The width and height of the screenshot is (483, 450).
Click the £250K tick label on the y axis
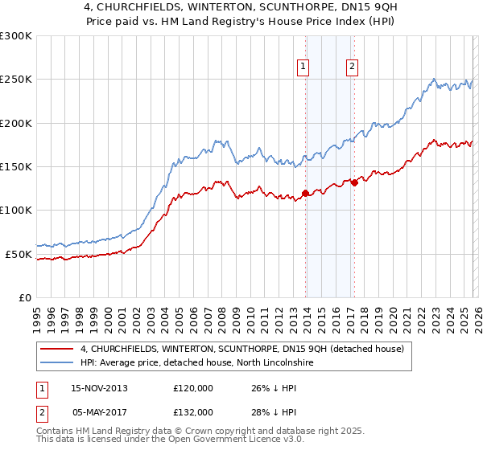point(16,80)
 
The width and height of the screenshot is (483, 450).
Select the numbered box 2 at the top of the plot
point(353,67)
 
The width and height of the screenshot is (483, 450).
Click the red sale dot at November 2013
point(305,193)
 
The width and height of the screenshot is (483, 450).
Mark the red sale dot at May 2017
point(354,182)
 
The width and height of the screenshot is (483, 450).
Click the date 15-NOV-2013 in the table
point(99,388)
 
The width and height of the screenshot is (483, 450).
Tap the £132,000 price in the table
point(192,411)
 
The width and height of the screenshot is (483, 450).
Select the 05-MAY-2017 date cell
point(99,411)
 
